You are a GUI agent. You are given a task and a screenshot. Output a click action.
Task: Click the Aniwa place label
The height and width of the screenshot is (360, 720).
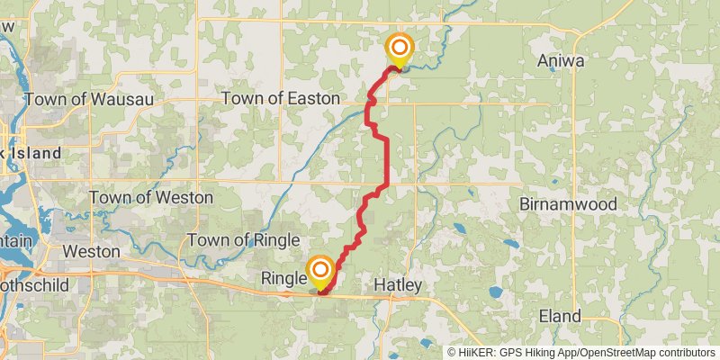point(562,61)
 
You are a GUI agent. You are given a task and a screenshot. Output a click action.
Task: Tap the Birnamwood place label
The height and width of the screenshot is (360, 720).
point(568,204)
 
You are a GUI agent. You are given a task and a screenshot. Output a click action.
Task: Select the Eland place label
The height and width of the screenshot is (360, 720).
point(559,316)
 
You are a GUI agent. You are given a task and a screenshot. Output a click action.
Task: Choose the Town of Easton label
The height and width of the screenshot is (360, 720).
point(281,98)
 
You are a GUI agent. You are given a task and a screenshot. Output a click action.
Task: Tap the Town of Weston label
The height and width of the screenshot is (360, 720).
point(150,197)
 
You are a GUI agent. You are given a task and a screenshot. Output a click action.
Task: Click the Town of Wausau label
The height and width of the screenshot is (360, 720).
point(89,98)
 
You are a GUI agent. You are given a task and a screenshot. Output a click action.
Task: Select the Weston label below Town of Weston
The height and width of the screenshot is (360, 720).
point(90,251)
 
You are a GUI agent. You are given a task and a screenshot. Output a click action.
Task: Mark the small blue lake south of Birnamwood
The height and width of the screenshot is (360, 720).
point(511,243)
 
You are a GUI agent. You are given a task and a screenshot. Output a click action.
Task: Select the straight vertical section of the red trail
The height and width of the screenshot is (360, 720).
point(387,162)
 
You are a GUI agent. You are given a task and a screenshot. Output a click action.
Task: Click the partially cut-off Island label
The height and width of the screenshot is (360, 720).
point(34,154)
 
